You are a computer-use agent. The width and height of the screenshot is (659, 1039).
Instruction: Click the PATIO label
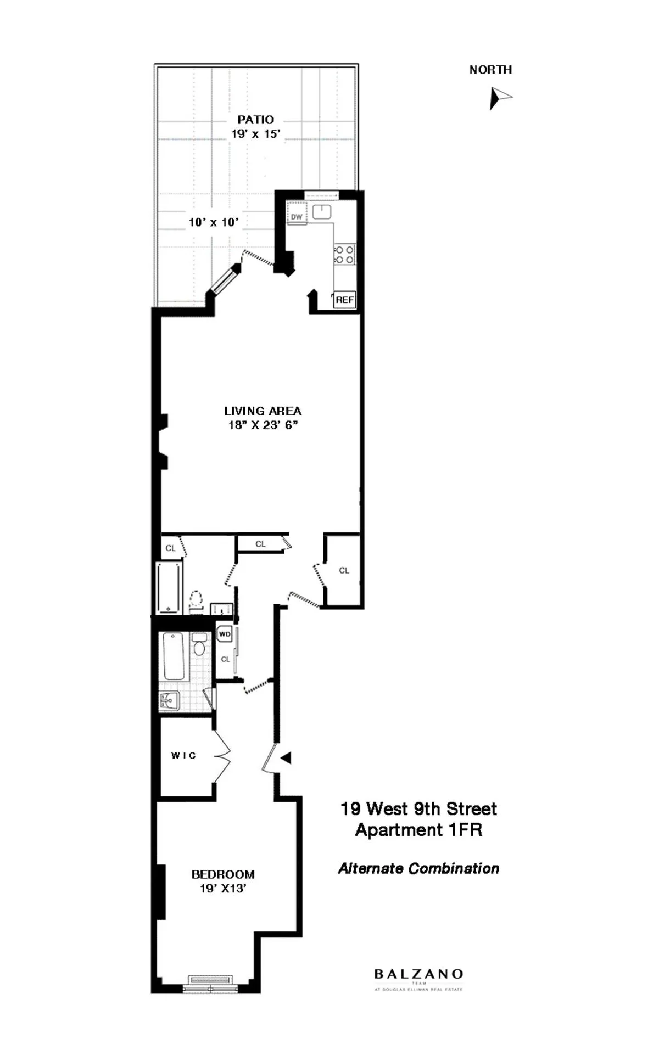[255, 120]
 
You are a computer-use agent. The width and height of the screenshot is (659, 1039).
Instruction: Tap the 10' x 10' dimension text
[214, 222]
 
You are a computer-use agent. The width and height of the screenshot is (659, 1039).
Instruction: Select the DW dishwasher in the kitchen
[297, 216]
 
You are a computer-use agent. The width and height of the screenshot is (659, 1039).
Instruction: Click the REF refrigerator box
[345, 300]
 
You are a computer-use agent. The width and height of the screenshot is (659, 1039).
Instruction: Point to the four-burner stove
[345, 255]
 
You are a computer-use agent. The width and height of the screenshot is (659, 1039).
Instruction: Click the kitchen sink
[321, 212]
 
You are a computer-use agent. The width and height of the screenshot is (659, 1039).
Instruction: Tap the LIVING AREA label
[263, 411]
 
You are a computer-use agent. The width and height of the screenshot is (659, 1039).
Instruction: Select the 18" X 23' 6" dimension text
[263, 425]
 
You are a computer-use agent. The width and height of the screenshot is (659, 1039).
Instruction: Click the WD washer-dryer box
[225, 634]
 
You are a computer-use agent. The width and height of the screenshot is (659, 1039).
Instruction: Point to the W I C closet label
[183, 756]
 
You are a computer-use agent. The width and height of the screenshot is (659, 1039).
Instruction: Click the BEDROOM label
[223, 874]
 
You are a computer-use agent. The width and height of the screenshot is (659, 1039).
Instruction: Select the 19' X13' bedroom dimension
[223, 889]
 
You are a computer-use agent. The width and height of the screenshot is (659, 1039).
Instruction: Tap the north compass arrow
[499, 98]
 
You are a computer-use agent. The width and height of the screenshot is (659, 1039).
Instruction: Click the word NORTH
[490, 70]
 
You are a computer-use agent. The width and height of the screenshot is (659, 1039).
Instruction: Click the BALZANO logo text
[418, 974]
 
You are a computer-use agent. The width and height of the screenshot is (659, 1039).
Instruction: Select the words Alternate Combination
[418, 868]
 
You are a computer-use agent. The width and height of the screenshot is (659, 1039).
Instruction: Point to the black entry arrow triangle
[286, 758]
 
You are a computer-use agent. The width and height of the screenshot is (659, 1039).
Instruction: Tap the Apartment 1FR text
[418, 830]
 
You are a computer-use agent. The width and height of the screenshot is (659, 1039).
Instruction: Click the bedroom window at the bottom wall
[211, 981]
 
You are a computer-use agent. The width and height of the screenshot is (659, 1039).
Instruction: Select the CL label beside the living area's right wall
[344, 571]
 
